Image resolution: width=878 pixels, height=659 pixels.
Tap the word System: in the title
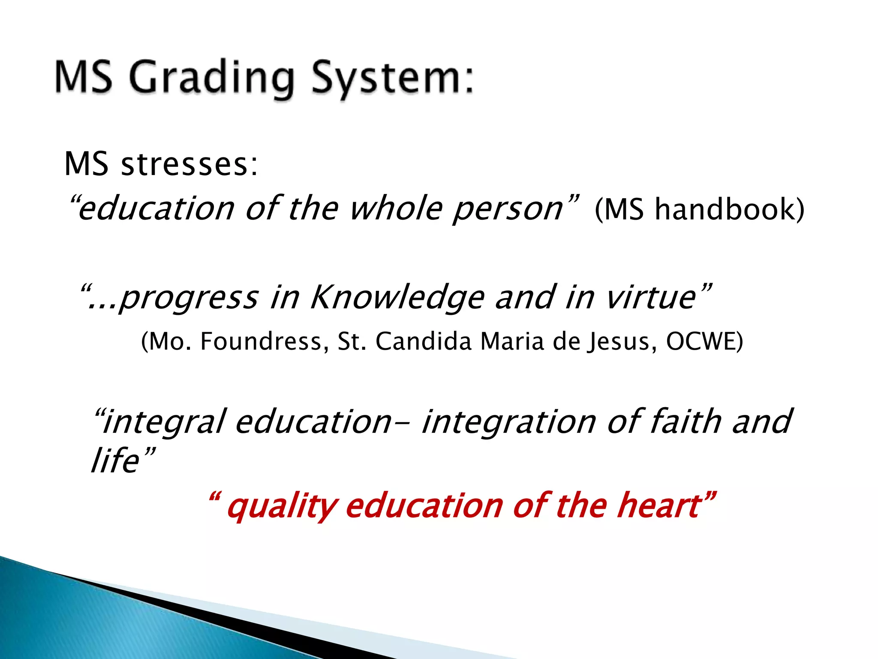tap(392, 79)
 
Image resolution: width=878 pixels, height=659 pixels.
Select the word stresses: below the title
tap(189, 165)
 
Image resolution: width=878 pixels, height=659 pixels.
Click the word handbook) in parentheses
tap(729, 210)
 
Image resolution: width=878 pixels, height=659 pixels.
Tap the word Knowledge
tap(397, 298)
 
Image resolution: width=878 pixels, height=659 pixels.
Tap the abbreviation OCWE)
tap(704, 342)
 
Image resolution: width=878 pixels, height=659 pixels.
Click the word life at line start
tap(115, 461)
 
